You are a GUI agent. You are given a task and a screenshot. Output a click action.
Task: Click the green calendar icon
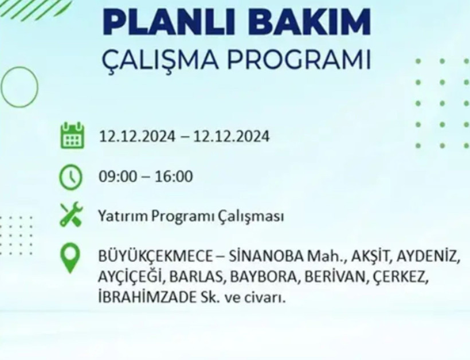pyautogui.click(x=72, y=135)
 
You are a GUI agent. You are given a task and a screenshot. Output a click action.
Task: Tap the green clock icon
pyautogui.click(x=72, y=177)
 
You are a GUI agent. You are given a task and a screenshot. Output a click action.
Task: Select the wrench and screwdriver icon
pyautogui.click(x=72, y=216)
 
